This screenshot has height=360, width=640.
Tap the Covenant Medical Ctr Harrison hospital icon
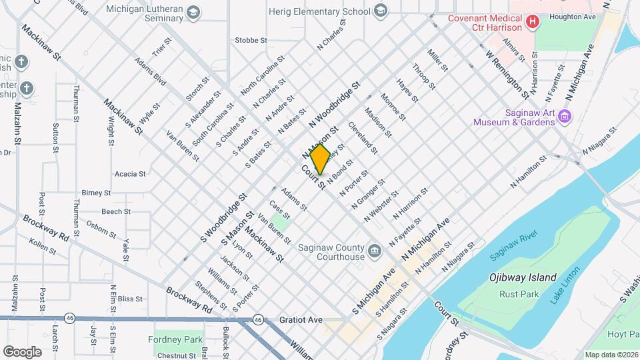click(x=532, y=23)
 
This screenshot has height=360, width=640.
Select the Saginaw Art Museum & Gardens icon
click(x=565, y=117)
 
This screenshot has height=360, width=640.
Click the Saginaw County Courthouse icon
click(x=374, y=251)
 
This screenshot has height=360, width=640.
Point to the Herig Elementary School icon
click(x=380, y=11)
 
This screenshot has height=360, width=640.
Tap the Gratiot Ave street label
click(x=301, y=320)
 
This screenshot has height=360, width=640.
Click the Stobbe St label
click(x=251, y=41)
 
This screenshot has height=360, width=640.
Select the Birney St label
click(x=96, y=193)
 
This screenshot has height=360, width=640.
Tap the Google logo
click(x=22, y=351)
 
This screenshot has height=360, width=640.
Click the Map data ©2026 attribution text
click(x=611, y=355)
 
